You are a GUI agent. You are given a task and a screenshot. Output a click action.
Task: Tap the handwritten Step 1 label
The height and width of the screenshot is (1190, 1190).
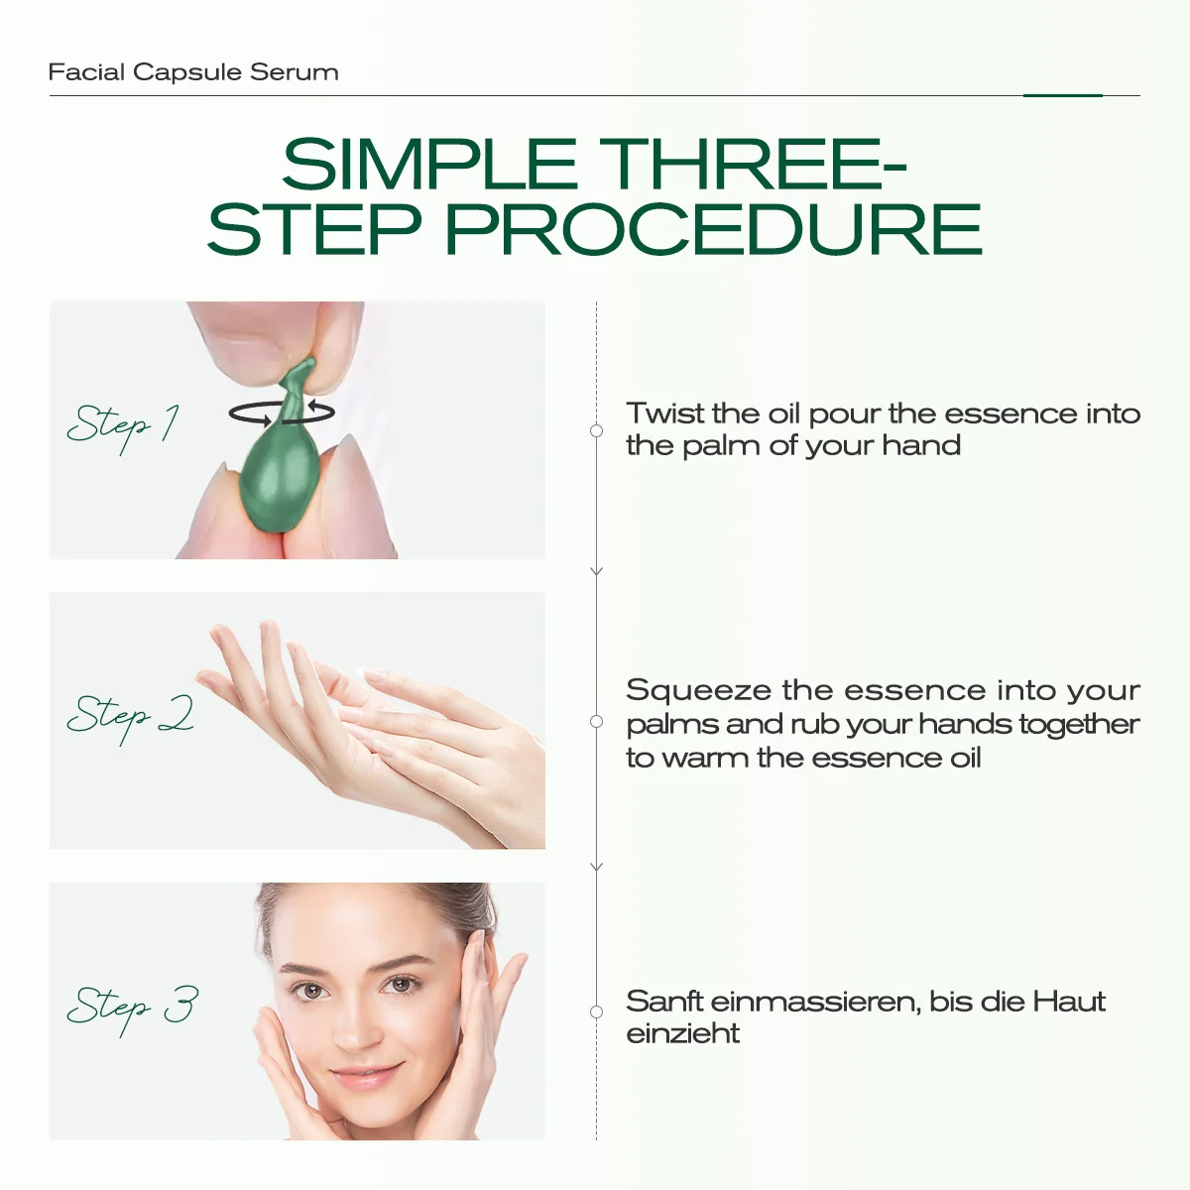tap(123, 426)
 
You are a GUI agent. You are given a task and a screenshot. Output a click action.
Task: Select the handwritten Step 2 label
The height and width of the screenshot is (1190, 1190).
tap(130, 717)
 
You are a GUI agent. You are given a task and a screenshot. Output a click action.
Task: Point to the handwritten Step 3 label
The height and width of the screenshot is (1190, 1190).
tap(133, 1009)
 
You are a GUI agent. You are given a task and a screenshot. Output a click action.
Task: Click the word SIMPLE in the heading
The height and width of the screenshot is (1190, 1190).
tap(429, 165)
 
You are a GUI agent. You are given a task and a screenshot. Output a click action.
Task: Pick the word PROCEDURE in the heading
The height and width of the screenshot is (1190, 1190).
tap(713, 229)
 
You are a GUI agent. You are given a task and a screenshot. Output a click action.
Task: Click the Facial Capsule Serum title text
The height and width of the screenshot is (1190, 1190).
tap(193, 72)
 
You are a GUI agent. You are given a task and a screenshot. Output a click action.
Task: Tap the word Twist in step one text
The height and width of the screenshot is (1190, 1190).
tap(665, 413)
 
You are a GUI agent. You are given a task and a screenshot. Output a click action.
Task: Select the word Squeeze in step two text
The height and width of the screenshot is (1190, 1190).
tap(698, 691)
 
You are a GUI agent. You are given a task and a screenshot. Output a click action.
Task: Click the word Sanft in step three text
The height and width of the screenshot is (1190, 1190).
tap(664, 1001)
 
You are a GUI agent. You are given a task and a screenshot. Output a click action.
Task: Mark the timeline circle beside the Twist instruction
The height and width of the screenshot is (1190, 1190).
tap(597, 431)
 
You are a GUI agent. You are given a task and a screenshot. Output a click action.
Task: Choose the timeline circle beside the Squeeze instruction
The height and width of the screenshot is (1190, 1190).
tap(597, 721)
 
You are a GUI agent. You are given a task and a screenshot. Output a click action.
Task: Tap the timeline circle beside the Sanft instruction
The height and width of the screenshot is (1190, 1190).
tap(597, 1012)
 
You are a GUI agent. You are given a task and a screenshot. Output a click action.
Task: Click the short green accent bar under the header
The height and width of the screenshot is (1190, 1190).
tap(1063, 96)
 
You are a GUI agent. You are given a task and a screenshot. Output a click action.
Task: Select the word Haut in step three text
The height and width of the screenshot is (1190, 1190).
tap(1069, 1001)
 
